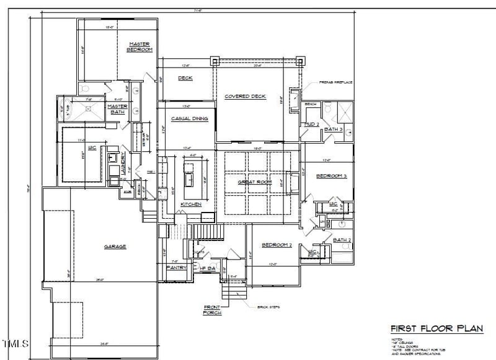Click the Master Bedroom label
coord(139,46)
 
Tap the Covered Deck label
coord(245,96)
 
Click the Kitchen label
coord(190,204)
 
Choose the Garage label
coord(115,246)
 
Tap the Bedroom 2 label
coord(277,245)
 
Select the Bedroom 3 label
coord(332,177)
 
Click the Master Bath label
coord(118,108)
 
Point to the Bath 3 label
coord(334,129)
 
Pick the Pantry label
coord(177,267)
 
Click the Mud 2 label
coord(312,125)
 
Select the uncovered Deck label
coord(185,78)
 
